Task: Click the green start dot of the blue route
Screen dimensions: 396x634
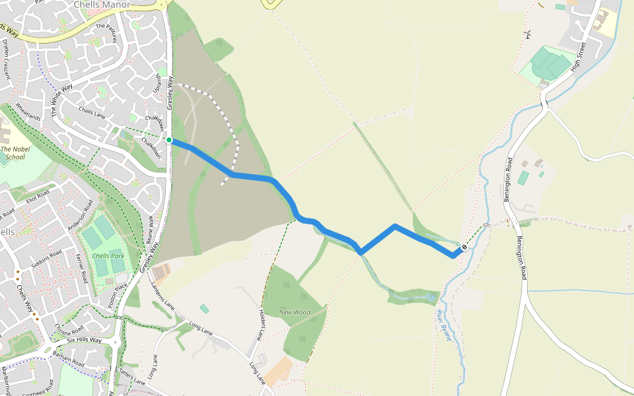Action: tap(169, 140)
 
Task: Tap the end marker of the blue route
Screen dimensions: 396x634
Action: tap(464, 247)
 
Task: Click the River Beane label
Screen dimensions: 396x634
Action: tap(444, 325)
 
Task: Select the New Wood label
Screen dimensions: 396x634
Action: tap(295, 312)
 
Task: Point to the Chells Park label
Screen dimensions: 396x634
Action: tap(108, 256)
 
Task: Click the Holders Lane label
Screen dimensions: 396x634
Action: tap(262, 324)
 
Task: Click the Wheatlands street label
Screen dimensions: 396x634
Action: tap(28, 111)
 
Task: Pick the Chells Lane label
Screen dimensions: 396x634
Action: tap(92, 114)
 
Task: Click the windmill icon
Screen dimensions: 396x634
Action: tap(527, 34)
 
